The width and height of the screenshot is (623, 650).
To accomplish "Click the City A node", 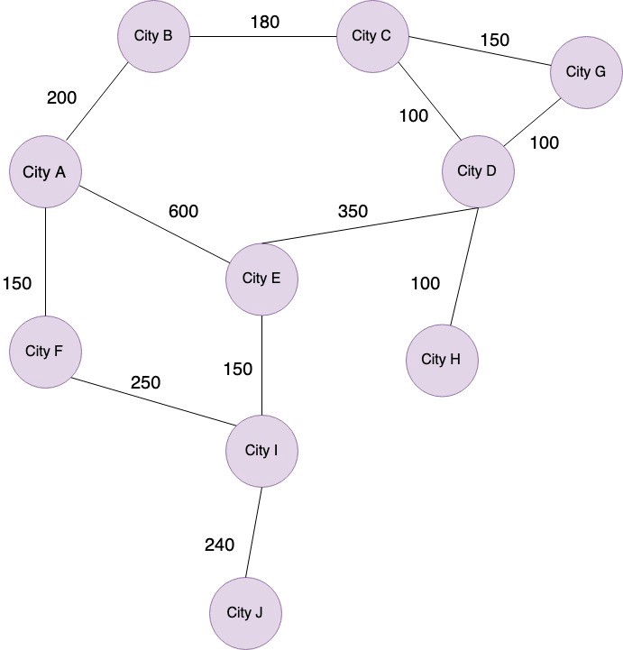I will (x=45, y=171).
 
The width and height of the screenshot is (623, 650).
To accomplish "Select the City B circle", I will (x=153, y=36).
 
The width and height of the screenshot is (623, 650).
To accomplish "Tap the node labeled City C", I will (x=371, y=36).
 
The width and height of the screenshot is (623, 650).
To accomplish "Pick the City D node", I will (x=479, y=171).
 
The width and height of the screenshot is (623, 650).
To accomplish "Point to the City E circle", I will (x=261, y=279).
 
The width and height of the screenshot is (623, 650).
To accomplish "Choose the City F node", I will (x=45, y=352).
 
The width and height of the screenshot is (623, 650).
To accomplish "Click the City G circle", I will (x=586, y=71).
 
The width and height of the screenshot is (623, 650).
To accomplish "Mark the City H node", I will (x=442, y=360).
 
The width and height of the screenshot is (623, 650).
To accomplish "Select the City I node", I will (x=261, y=450).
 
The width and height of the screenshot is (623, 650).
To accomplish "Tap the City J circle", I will (x=244, y=613).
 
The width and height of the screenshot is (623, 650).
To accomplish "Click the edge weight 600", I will (x=183, y=212).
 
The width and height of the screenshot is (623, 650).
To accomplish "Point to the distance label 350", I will (x=353, y=212).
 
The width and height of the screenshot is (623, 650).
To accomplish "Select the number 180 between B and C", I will (x=265, y=21).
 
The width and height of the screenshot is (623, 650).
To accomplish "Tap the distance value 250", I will (x=145, y=382).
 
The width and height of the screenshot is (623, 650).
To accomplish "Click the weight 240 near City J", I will (x=219, y=545).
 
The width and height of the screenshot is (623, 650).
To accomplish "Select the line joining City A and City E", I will (x=153, y=225).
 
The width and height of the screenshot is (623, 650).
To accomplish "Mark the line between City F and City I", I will (x=153, y=400).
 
